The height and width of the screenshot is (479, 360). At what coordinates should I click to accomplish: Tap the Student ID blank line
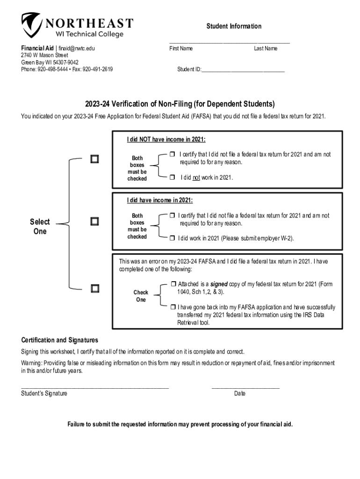[243, 70]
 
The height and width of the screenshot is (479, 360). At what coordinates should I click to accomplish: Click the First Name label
[181, 49]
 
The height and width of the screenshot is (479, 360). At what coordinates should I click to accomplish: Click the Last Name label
[266, 49]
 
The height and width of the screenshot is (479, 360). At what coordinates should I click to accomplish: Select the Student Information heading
[234, 26]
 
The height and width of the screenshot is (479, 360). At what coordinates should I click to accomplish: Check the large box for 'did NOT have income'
[95, 159]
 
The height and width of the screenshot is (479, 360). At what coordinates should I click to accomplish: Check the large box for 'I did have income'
[95, 221]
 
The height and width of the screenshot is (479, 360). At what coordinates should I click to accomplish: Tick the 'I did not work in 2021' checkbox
[172, 178]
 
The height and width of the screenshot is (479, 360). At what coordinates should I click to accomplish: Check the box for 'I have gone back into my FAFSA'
[173, 307]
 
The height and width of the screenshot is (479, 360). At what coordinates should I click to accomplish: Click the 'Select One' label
[40, 226]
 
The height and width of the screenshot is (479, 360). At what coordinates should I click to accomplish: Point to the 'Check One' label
[141, 296]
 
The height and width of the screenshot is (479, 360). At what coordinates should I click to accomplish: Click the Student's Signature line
[94, 387]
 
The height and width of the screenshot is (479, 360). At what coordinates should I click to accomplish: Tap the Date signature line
[245, 387]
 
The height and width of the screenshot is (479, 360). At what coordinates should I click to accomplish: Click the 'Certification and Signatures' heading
[59, 340]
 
